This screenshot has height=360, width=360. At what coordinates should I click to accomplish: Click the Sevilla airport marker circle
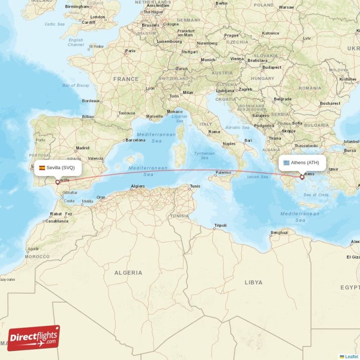[57, 182]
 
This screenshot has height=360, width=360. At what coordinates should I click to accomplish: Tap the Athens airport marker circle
[302, 177]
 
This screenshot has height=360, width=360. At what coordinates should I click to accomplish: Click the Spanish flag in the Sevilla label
[42, 168]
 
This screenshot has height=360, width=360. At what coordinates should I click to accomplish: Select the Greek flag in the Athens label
[286, 163]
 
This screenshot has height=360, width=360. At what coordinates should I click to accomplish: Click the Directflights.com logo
[34, 338]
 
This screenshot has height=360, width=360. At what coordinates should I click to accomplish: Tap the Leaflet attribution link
[351, 356]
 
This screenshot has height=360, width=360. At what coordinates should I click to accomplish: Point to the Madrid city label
[82, 148]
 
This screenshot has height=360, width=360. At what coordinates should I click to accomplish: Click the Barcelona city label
[135, 140]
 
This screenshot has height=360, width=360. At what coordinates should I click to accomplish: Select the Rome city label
[214, 132]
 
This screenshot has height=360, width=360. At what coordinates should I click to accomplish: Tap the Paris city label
[130, 51]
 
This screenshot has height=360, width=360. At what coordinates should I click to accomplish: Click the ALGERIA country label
[128, 273]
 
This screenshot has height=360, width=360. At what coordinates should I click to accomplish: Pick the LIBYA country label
[253, 283]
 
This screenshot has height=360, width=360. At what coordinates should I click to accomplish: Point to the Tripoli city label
[220, 225]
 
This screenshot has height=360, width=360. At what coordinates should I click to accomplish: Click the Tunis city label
[195, 186]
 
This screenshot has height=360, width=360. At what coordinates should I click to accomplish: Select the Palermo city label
[223, 172]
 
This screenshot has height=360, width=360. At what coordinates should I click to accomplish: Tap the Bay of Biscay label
[76, 85]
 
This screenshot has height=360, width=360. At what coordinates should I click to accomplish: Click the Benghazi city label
[279, 232]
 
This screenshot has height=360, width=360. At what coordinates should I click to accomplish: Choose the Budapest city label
[272, 67]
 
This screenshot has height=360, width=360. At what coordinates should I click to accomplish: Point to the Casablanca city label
[57, 221]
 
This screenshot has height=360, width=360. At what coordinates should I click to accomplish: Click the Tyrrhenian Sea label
[204, 155]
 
